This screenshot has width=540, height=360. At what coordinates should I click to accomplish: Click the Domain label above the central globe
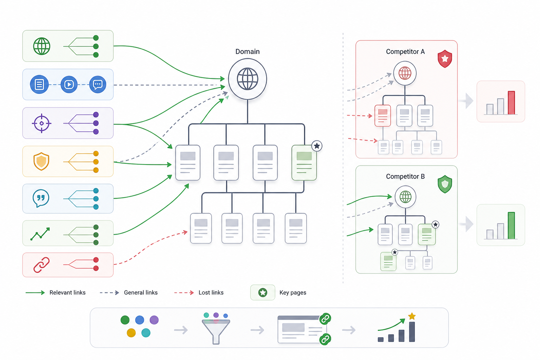(247, 52)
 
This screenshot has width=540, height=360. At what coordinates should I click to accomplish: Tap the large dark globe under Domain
(247, 79)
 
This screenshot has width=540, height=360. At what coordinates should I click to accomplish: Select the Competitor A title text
(405, 52)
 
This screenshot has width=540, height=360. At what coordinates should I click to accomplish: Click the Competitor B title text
(405, 176)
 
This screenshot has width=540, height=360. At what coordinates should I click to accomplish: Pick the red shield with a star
(445, 59)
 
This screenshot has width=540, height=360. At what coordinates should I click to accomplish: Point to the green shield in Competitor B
(445, 184)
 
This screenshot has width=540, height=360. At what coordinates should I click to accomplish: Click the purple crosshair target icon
(41, 123)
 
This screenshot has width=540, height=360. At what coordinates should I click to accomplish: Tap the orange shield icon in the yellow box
(41, 161)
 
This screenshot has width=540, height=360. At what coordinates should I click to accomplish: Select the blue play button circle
(69, 84)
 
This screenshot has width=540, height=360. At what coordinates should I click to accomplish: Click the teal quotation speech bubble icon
(41, 199)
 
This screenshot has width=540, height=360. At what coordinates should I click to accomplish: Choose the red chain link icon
(41, 265)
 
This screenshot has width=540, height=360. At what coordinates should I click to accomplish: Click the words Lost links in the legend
(211, 292)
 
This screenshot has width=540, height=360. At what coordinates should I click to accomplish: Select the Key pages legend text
(292, 292)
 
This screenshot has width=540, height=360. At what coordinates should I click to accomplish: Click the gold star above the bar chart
(412, 316)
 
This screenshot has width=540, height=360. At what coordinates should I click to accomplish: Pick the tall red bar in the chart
(511, 102)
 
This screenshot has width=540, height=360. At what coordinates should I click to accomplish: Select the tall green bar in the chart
(511, 225)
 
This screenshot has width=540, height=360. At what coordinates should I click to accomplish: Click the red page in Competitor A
(382, 116)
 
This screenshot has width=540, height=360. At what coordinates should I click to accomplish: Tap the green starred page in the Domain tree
(304, 162)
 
